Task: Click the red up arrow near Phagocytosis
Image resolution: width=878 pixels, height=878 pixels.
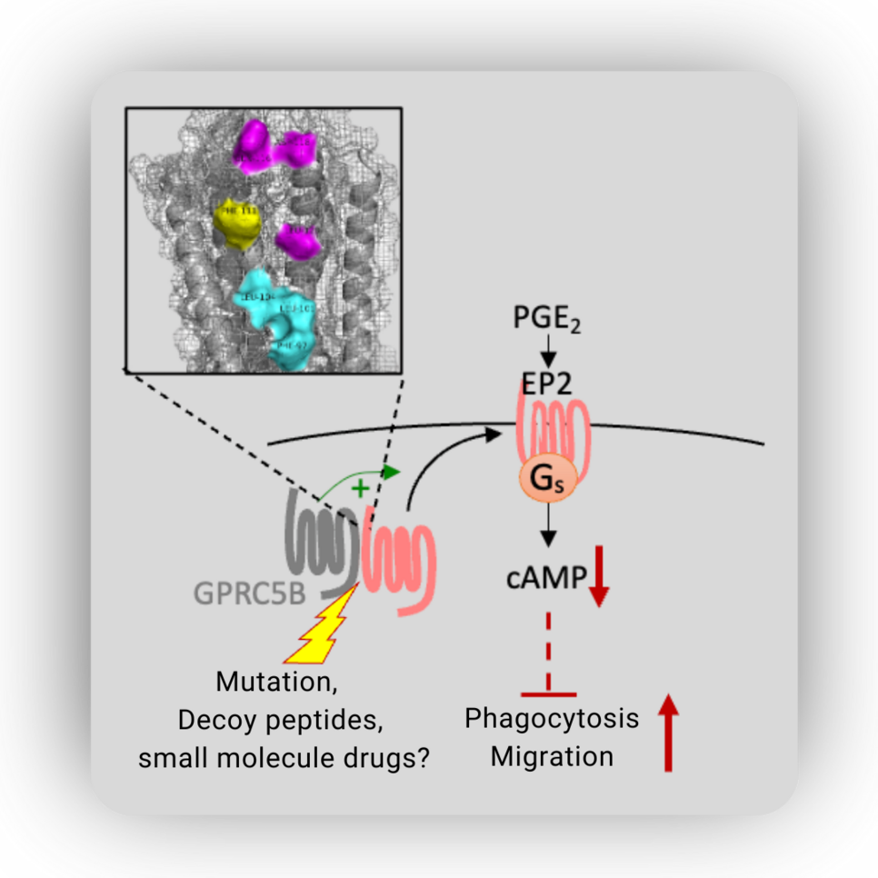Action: pyautogui.click(x=668, y=732)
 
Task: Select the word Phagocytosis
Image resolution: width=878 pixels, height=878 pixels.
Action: pyautogui.click(x=552, y=718)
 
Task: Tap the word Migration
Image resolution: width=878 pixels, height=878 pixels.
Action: pyautogui.click(x=552, y=756)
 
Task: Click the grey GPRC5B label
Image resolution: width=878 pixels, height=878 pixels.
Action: pyautogui.click(x=249, y=593)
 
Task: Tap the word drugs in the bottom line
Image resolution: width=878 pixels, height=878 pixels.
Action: pyautogui.click(x=384, y=758)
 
